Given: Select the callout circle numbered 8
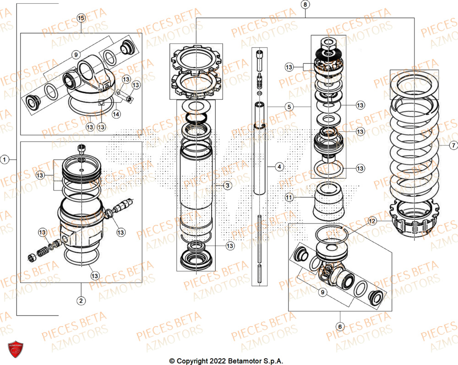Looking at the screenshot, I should [305, 5].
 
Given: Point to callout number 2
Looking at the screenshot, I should [81, 301].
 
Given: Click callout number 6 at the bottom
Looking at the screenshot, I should [340, 327].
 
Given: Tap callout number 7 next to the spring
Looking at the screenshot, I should [453, 146].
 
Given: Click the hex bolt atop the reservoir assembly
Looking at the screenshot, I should [82, 147].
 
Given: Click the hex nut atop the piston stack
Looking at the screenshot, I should [329, 43].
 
